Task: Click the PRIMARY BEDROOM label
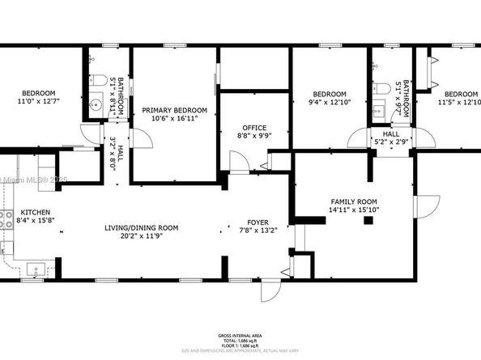coord(174,110)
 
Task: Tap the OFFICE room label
coord(254,128)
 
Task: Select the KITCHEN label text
coord(33,210)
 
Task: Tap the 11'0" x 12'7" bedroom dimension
coord(38,102)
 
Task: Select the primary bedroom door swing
coord(142,138)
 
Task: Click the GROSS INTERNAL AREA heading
coord(240,334)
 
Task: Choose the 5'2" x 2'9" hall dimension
coord(391,142)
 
